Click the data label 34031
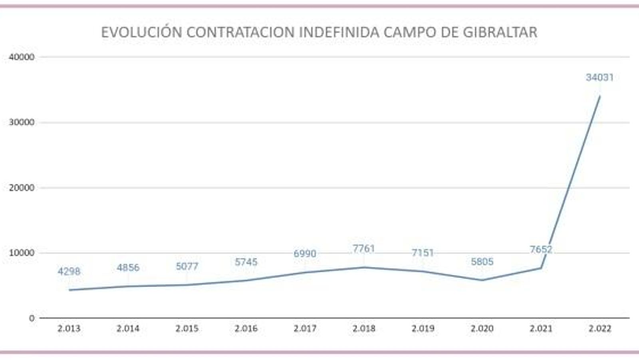(x=599, y=77)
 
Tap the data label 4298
(x=69, y=272)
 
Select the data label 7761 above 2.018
(x=364, y=249)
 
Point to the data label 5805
(x=482, y=262)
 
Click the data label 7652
(x=541, y=250)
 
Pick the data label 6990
(x=305, y=254)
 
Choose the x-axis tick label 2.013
(x=69, y=329)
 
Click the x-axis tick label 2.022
(x=600, y=329)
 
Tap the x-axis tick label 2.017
(x=305, y=329)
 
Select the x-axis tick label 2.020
(x=482, y=329)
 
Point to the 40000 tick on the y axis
(x=22, y=57)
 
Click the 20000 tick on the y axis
(x=22, y=188)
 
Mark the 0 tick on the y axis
(x=32, y=318)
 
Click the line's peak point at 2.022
(x=600, y=96)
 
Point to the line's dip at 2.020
(x=482, y=280)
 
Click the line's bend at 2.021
(x=541, y=268)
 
